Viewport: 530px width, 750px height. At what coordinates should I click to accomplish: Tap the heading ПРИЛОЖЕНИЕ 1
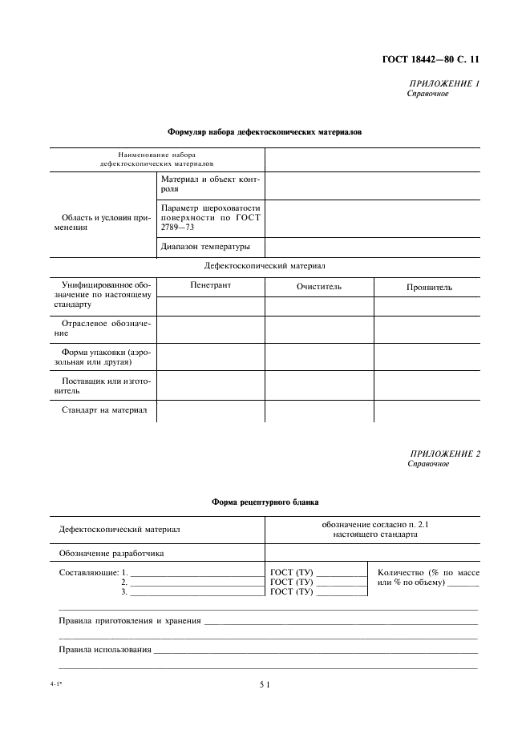[x=444, y=83]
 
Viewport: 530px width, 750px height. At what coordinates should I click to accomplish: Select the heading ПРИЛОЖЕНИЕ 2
[x=444, y=454]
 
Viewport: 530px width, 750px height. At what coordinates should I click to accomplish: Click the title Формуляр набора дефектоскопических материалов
[x=265, y=131]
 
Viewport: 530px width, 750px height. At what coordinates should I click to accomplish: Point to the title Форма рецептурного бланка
[x=265, y=502]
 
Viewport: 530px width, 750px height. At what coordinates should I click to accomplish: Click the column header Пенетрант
[x=210, y=285]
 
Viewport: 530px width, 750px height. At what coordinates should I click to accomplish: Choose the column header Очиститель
[x=318, y=286]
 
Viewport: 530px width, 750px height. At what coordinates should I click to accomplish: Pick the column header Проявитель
[x=429, y=286]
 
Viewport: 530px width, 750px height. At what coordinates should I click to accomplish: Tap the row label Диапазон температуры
[x=205, y=246]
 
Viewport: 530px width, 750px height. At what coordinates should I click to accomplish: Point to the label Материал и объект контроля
[x=211, y=184]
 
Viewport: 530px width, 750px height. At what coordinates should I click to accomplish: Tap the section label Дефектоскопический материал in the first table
[x=265, y=265]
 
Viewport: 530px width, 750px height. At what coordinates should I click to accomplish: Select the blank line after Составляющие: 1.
[x=196, y=574]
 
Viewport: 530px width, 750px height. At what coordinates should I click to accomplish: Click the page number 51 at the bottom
[x=265, y=685]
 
